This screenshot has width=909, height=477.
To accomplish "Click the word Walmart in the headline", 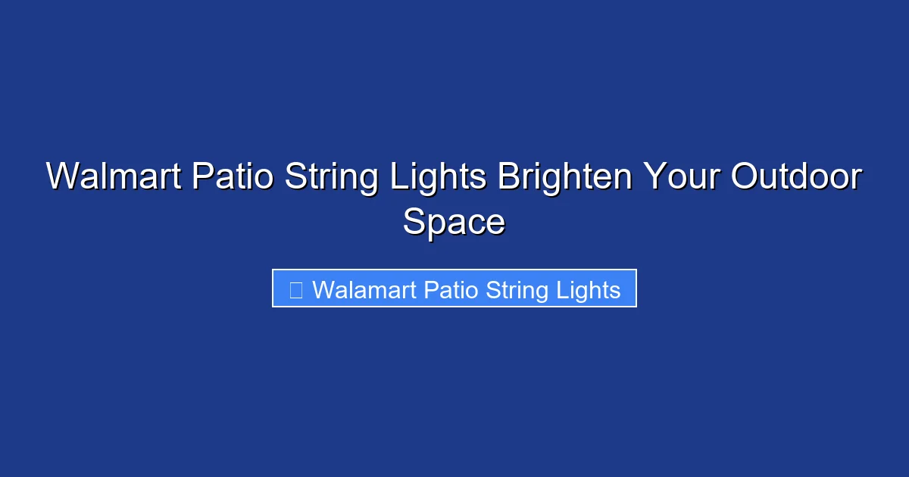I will pyautogui.click(x=114, y=177).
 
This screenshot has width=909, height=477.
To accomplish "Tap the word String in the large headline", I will pyautogui.click(x=330, y=177).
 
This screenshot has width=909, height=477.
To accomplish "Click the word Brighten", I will pyautogui.click(x=564, y=177).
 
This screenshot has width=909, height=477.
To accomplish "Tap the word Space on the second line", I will pyautogui.click(x=454, y=223).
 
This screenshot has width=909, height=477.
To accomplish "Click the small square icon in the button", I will pyautogui.click(x=296, y=289).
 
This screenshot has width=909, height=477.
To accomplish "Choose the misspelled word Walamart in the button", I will pyautogui.click(x=364, y=289).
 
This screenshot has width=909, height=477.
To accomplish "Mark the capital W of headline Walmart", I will pyautogui.click(x=62, y=177).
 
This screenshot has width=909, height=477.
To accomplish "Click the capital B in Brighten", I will pyautogui.click(x=508, y=177).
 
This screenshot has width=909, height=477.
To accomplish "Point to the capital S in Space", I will pyautogui.click(x=414, y=223).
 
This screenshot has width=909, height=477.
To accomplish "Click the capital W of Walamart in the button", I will pyautogui.click(x=322, y=289).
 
